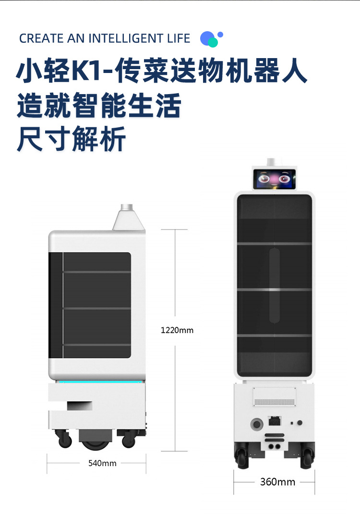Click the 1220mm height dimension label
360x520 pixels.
(177, 330)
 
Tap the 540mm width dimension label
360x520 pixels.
(102, 463)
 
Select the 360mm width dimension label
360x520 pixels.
(277, 482)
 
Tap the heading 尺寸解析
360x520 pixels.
(72, 139)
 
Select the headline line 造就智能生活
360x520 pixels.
(99, 106)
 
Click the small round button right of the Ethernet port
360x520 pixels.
(300, 423)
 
